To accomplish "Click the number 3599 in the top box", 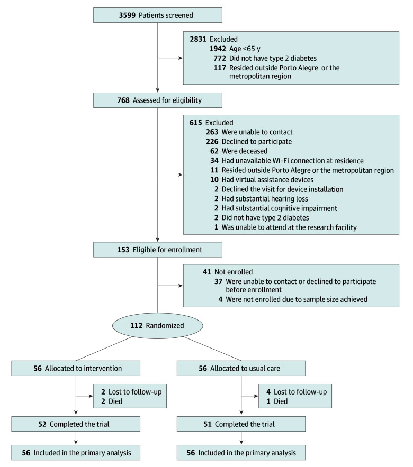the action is pyautogui.click(x=127, y=15).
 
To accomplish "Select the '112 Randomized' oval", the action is pyautogui.click(x=157, y=326).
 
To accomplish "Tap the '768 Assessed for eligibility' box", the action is pyautogui.click(x=157, y=100).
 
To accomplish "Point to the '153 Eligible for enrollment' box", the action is pyautogui.click(x=157, y=250).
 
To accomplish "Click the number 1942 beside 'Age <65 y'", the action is pyautogui.click(x=218, y=49).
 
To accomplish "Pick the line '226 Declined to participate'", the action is pyautogui.click(x=249, y=141).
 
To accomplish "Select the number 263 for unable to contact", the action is pyautogui.click(x=212, y=132).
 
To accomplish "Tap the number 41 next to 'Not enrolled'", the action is pyautogui.click(x=206, y=272).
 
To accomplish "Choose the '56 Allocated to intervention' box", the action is pyautogui.click(x=76, y=369).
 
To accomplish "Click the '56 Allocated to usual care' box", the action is pyautogui.click(x=241, y=369).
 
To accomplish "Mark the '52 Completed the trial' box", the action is pyautogui.click(x=76, y=424).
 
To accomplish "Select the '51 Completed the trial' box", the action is pyautogui.click(x=241, y=424).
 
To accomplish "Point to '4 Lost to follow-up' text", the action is pyautogui.click(x=297, y=392).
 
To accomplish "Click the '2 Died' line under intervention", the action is pyautogui.click(x=112, y=401).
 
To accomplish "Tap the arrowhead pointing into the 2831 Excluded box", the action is pyautogui.click(x=181, y=58).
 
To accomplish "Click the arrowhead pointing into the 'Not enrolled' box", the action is pyautogui.click(x=181, y=286).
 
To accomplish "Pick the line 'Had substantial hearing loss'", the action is pyautogui.click(x=265, y=199).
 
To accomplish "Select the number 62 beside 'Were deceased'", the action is pyautogui.click(x=214, y=151).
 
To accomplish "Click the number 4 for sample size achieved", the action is pyautogui.click(x=220, y=299).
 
